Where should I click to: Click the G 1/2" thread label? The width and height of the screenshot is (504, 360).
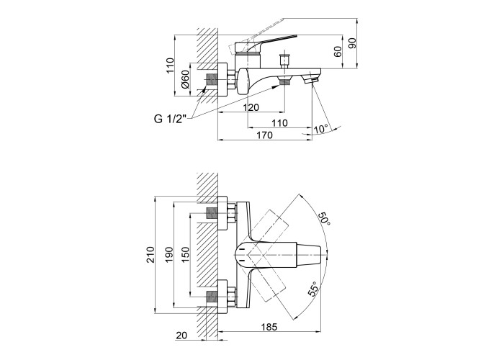[171, 119]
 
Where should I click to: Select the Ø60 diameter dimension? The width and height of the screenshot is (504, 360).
[185, 79]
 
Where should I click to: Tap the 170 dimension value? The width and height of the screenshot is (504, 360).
[264, 135]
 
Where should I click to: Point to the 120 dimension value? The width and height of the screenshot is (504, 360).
[251, 107]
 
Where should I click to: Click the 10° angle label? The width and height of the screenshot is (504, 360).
[322, 129]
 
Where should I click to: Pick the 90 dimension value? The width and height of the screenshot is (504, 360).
[353, 43]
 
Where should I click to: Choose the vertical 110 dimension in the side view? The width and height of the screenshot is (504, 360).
[170, 66]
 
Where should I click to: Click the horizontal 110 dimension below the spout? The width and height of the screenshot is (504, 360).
[279, 123]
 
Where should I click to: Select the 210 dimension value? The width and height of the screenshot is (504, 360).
[150, 255]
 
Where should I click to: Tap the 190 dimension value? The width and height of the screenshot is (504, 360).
[169, 255]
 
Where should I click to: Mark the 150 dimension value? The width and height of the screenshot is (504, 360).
[186, 255]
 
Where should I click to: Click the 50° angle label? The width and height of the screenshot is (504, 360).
[324, 219]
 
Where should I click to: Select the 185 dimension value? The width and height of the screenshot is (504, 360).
[269, 327]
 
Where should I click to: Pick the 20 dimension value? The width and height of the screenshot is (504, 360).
[181, 336]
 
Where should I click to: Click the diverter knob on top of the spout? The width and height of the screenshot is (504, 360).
[285, 60]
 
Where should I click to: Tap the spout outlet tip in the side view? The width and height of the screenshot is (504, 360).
[311, 81]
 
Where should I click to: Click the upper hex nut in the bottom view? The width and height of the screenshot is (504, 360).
[232, 213]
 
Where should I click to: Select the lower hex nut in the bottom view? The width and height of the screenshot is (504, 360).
[232, 297]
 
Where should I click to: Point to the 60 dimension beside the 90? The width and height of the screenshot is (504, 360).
[338, 51]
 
